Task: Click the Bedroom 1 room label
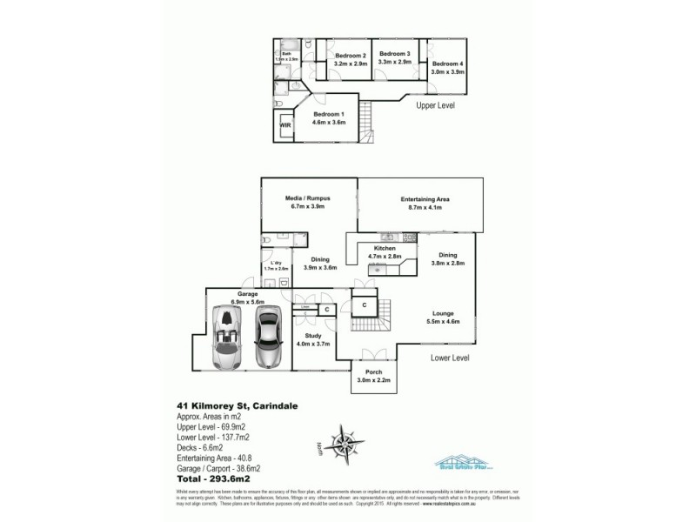tap(330, 115)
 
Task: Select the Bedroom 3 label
tap(394, 54)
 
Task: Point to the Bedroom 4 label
tap(448, 64)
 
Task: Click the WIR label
tap(284, 126)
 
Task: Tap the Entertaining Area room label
tap(420, 199)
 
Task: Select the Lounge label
tap(445, 312)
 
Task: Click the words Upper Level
tap(435, 104)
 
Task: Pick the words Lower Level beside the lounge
tap(451, 358)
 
